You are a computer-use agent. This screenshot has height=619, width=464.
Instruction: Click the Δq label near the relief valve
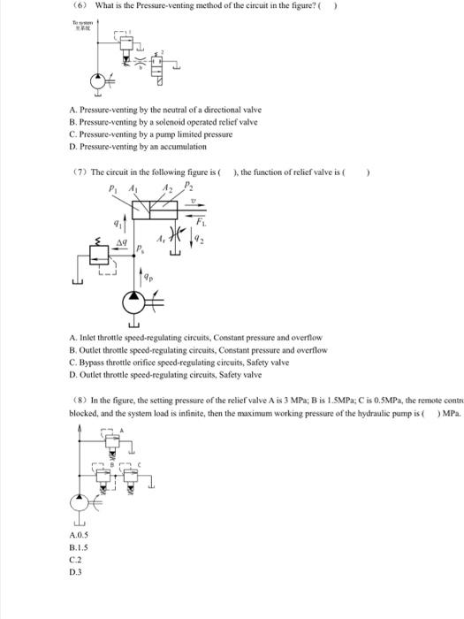click(123, 241)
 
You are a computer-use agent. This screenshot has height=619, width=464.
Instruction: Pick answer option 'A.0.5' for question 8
click(78, 535)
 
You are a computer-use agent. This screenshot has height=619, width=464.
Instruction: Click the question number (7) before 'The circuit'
click(79, 172)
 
